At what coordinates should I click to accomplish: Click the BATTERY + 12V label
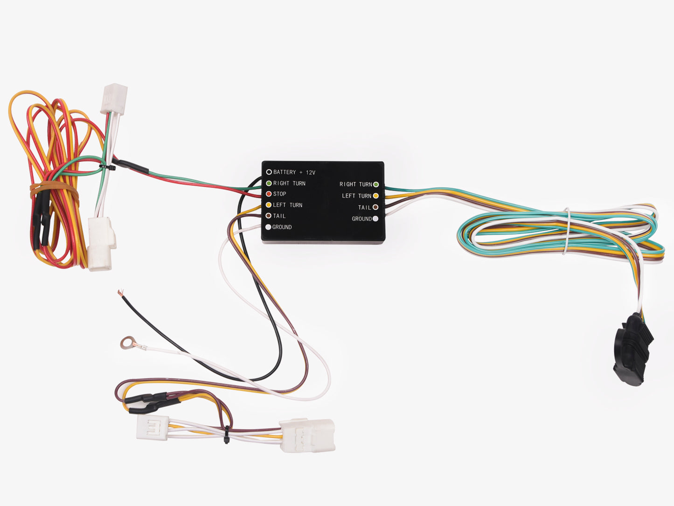click(294, 172)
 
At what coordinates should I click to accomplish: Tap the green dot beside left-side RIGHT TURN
click(269, 183)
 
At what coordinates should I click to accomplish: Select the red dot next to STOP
click(269, 194)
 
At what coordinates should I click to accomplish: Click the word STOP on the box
click(279, 194)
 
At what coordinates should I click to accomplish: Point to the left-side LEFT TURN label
click(288, 205)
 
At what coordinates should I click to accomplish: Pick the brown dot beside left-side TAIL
click(268, 216)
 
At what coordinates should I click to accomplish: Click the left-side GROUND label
click(282, 227)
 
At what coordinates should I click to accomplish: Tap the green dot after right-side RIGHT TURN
click(376, 184)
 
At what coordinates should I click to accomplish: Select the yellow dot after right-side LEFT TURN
click(375, 196)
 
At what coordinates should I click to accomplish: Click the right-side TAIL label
click(364, 207)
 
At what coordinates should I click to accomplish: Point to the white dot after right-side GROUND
click(375, 219)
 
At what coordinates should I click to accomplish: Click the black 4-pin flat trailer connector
click(633, 349)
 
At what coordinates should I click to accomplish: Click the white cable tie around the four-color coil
click(567, 231)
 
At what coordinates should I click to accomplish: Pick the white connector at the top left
click(114, 99)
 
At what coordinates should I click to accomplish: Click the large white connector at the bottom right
click(307, 436)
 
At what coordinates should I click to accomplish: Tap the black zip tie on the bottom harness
click(227, 435)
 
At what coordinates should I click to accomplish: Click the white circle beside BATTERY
click(269, 172)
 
